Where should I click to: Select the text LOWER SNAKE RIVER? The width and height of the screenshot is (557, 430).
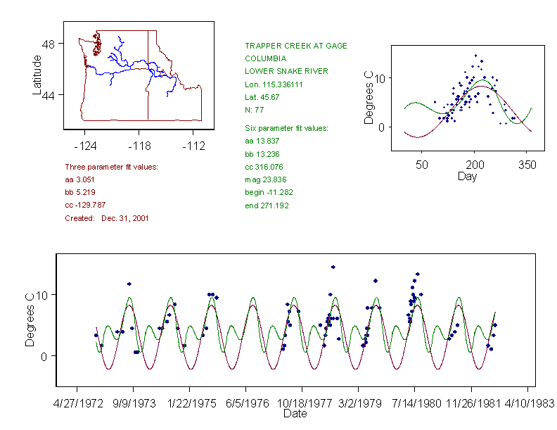point(286,71)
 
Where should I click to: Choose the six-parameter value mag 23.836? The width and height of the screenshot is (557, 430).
point(265,180)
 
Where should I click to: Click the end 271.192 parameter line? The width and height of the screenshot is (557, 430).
point(267,205)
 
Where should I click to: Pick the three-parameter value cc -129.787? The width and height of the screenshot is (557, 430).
point(89,205)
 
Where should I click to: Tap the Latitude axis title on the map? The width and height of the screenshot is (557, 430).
point(37,75)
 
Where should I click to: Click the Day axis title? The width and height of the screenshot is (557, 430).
point(467,176)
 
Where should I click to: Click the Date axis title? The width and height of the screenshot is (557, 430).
point(295,414)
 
